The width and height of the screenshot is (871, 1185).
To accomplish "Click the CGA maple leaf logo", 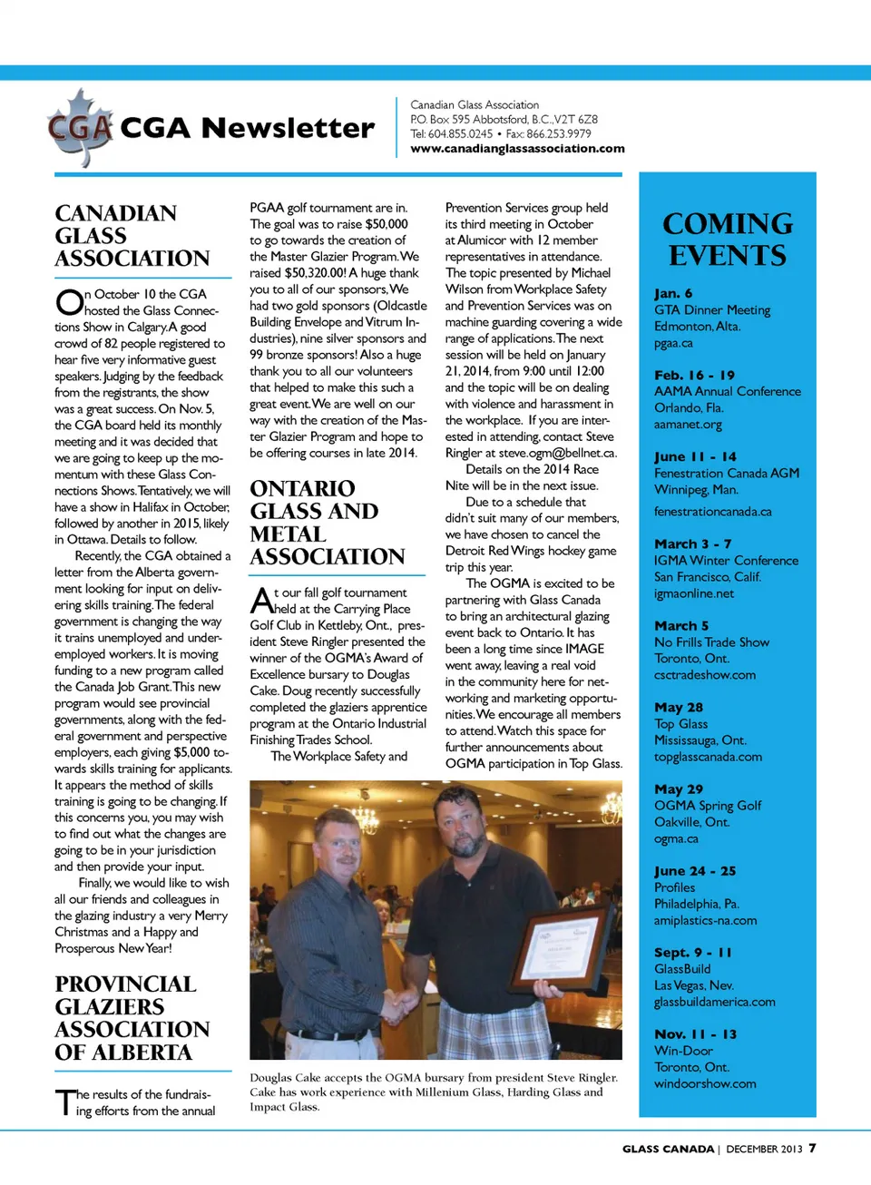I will coord(80,128).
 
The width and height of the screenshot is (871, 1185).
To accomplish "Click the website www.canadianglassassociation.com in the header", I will coord(517,149).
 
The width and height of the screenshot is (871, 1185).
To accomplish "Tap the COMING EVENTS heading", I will coord(728,240).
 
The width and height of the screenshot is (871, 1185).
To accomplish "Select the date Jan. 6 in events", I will coord(673,293).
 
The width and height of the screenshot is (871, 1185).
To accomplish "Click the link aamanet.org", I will coord(688,425).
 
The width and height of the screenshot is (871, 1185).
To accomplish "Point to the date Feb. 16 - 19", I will coord(694,375).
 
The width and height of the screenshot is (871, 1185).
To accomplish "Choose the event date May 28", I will coord(679,707).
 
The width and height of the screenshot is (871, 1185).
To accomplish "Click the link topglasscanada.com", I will coord(708,757).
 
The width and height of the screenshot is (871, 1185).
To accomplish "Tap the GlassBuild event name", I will coord(682,969).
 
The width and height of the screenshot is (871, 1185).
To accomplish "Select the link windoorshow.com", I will coord(705,1083).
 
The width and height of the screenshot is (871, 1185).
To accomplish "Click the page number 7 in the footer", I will coord(813,1148).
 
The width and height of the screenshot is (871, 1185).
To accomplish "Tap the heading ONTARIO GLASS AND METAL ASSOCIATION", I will coord(328,523).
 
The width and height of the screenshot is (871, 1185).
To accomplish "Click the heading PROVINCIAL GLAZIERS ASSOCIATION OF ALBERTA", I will coord(132,1018).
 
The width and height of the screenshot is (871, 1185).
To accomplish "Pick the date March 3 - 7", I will coord(692,544).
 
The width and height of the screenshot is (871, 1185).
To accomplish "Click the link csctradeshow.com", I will coord(705,675).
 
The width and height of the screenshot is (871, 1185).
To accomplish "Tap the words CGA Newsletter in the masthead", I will coord(247,128).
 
